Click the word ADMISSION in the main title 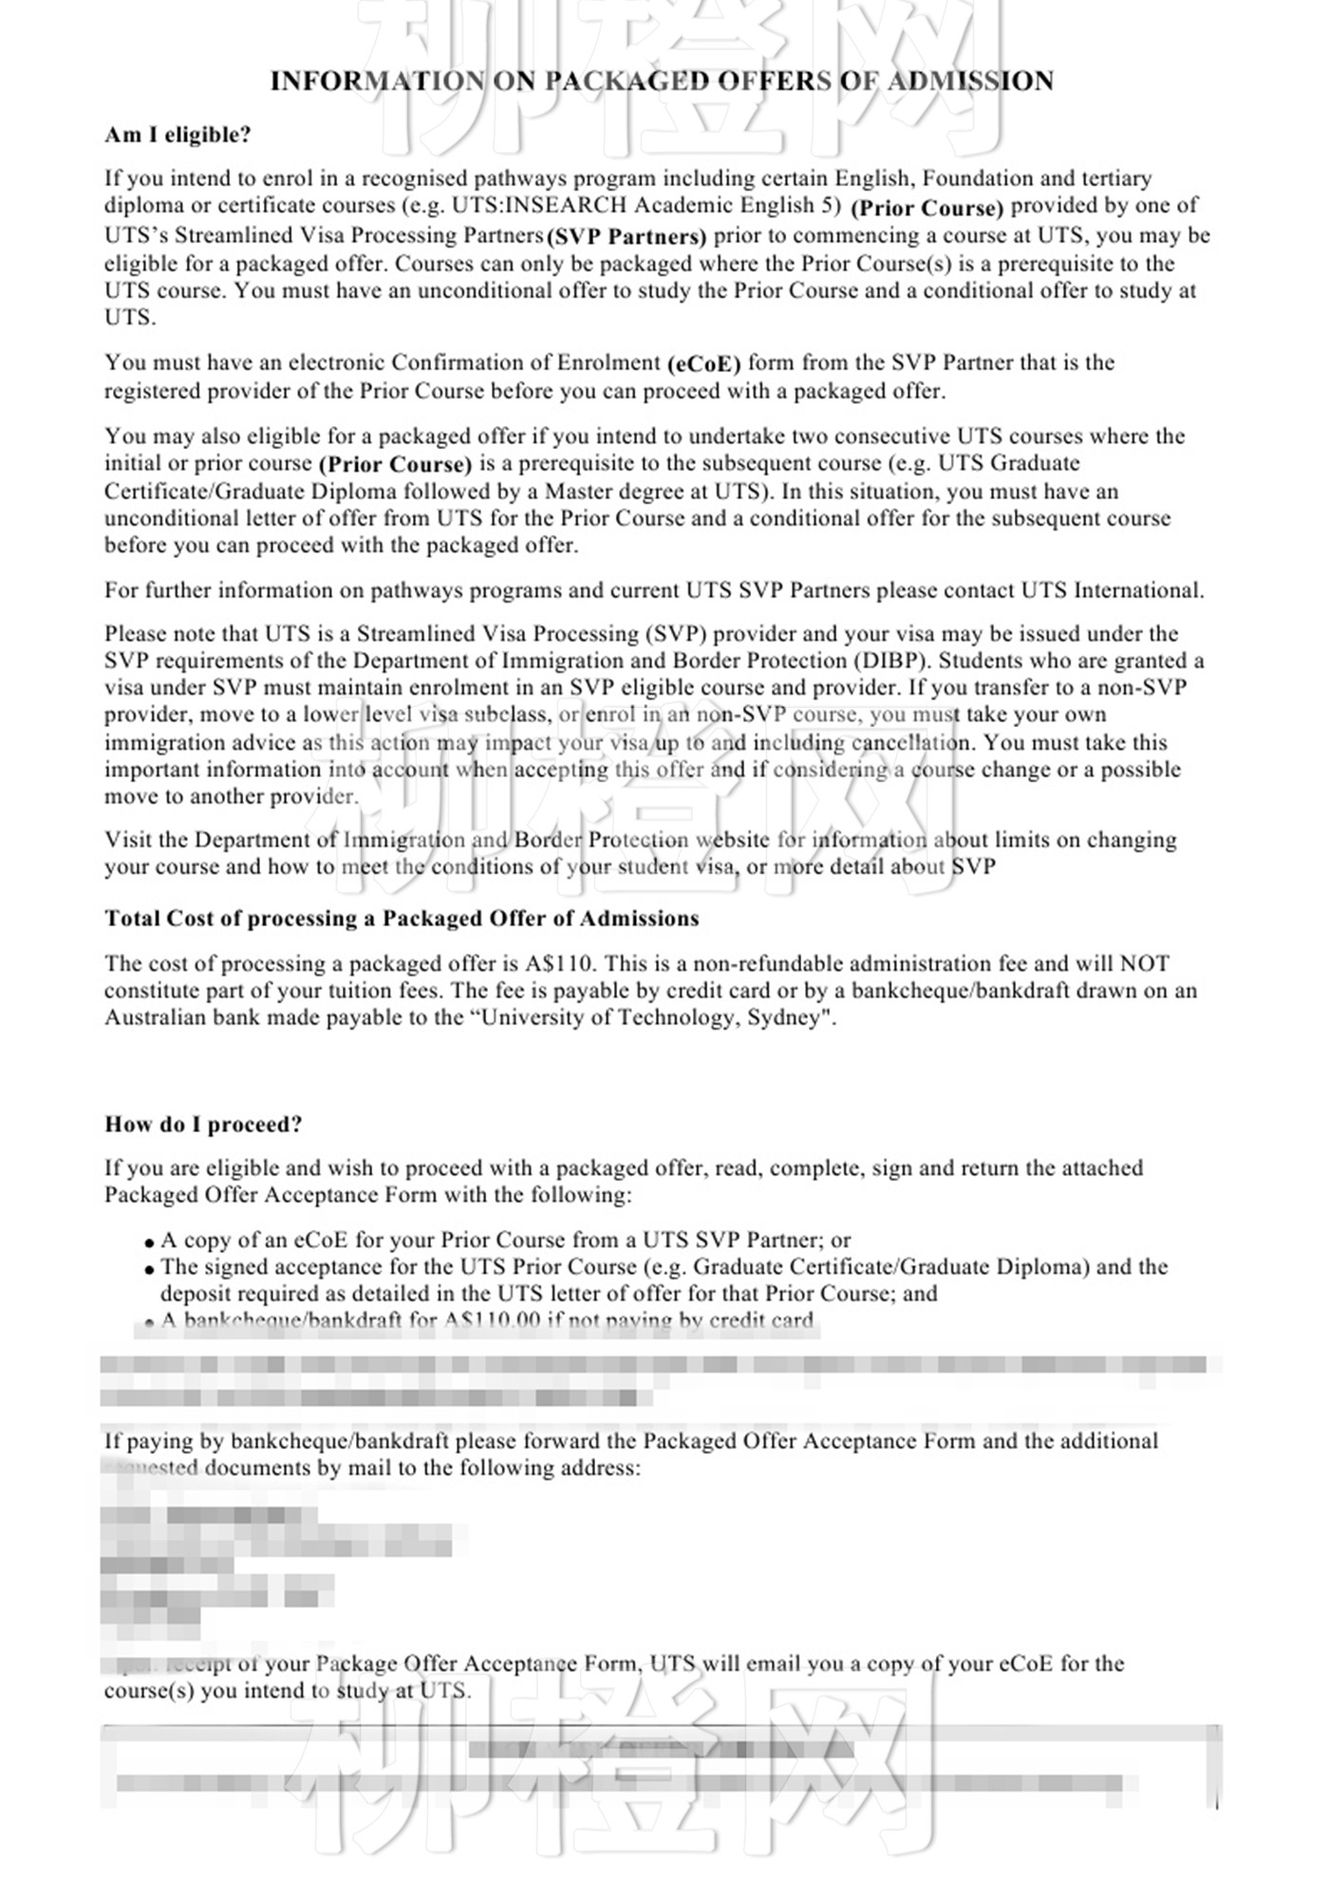tap(970, 81)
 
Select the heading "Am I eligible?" tap(178, 135)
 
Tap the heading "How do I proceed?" tap(203, 1125)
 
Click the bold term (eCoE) tap(703, 363)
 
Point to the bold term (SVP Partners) tap(627, 236)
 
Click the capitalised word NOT tap(1145, 963)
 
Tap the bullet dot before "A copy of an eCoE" tap(150, 1242)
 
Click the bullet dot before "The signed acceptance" tap(150, 1269)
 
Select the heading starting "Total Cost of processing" tap(402, 919)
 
